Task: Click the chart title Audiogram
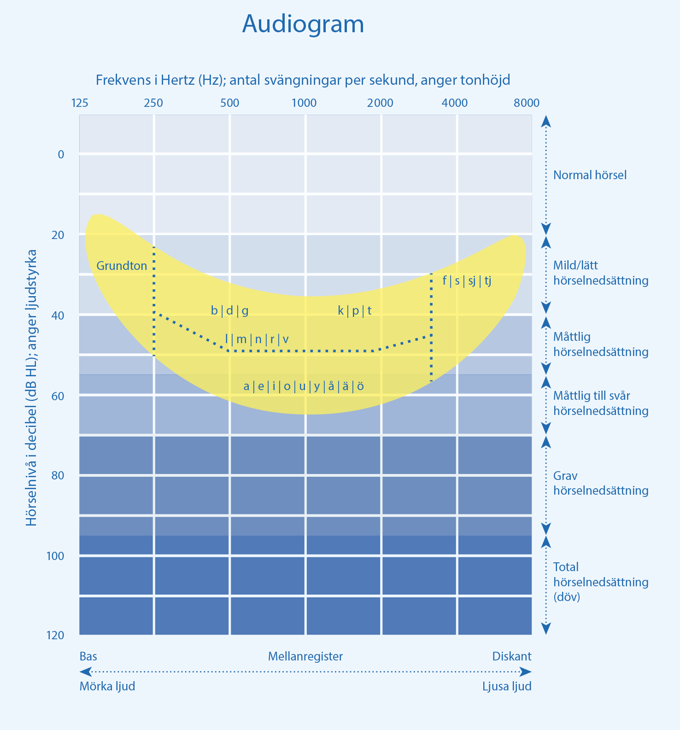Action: click(303, 24)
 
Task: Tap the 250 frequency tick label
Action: click(153, 103)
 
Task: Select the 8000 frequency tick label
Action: click(526, 103)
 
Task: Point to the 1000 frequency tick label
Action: click(304, 103)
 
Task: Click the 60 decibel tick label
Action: click(58, 396)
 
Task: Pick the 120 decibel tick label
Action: click(55, 636)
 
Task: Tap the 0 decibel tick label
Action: click(61, 154)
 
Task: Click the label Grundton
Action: click(122, 266)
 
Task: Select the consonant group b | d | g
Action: click(229, 311)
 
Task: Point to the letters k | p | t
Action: click(355, 311)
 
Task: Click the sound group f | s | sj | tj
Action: click(467, 280)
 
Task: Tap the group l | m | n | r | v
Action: click(257, 339)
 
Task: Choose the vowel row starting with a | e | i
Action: click(304, 386)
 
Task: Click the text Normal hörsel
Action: click(590, 175)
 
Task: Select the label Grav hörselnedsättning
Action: click(601, 483)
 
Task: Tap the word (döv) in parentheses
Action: click(566, 597)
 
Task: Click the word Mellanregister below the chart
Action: click(305, 656)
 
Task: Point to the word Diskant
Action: click(511, 656)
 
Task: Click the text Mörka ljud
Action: click(107, 686)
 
